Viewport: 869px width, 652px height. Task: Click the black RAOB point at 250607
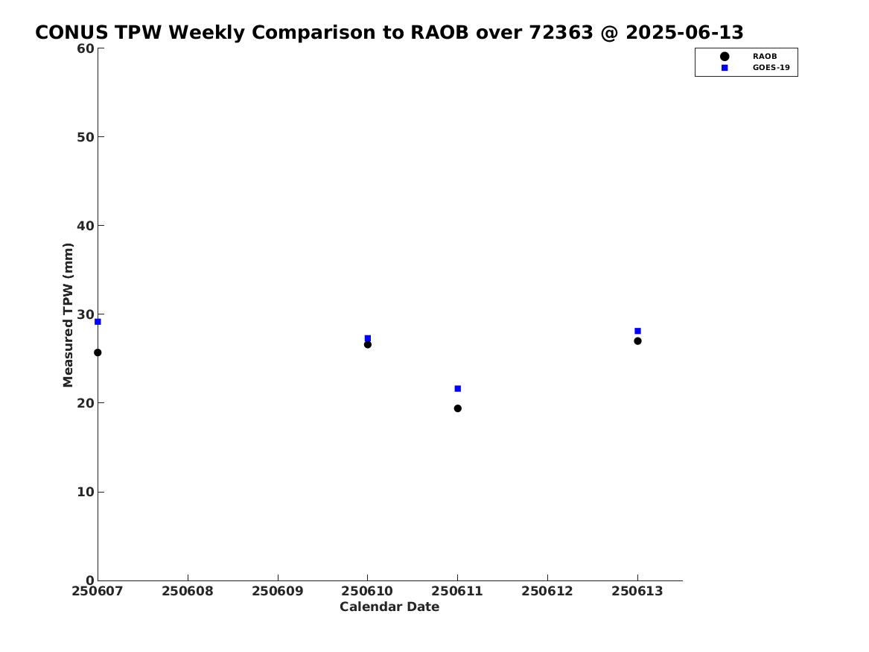98,352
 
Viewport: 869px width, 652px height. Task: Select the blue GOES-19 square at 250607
98,322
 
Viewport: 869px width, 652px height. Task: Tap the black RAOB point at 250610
367,344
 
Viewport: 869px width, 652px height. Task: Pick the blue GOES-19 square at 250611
458,389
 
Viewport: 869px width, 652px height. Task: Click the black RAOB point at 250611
458,408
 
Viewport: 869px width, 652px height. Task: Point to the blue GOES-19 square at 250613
638,331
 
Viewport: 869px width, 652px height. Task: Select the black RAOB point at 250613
638,341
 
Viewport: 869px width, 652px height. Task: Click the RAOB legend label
765,56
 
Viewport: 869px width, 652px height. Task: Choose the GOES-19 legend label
771,68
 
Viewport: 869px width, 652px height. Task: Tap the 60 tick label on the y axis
86,48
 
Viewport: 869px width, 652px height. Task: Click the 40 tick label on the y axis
86,226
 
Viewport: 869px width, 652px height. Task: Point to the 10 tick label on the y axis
86,492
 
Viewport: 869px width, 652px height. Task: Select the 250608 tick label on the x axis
188,591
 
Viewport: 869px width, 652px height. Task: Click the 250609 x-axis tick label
278,591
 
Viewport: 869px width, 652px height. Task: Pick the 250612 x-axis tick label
547,591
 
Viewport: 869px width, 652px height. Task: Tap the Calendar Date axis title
389,607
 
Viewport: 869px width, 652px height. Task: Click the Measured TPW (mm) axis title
68,315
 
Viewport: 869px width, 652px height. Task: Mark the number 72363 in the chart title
561,33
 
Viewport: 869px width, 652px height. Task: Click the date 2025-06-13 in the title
684,33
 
